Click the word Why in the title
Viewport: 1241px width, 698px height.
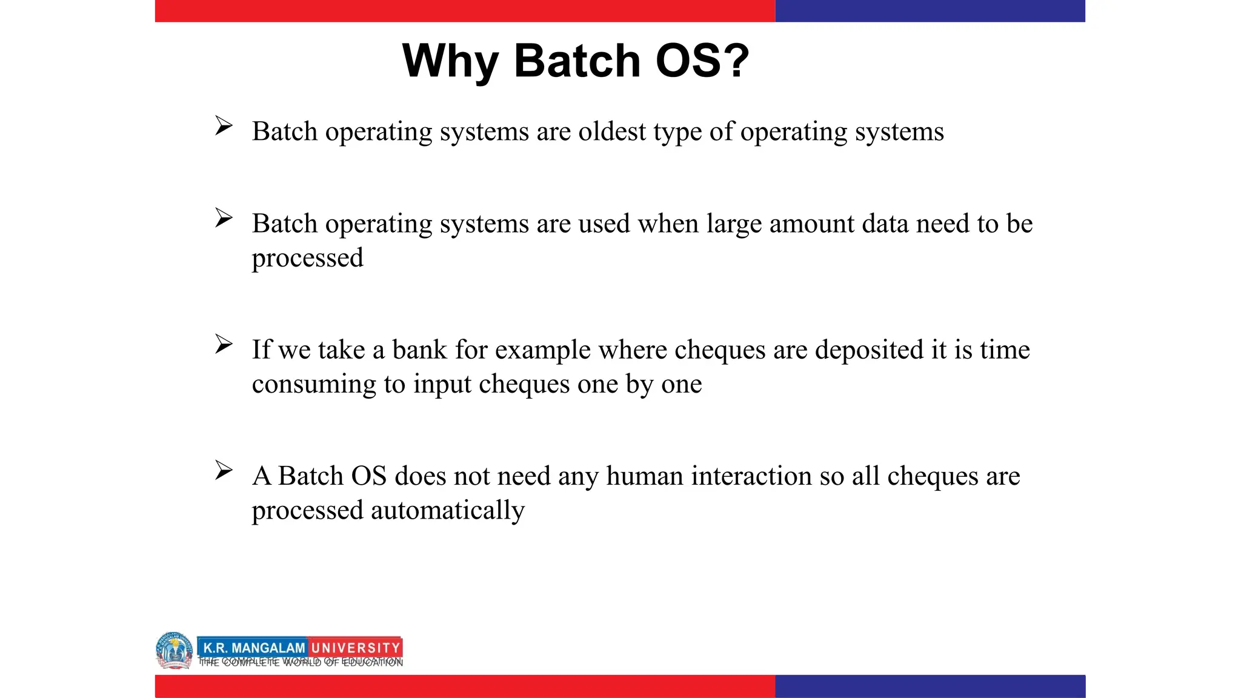point(450,62)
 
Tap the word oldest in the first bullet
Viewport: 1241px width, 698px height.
point(612,131)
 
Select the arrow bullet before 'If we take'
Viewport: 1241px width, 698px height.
point(224,344)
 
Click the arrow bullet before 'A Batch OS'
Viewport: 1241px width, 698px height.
point(224,470)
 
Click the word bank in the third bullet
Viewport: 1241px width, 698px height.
point(419,350)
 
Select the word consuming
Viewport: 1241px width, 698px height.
point(314,384)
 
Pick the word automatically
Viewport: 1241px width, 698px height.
point(448,510)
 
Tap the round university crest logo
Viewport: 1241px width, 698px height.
point(174,651)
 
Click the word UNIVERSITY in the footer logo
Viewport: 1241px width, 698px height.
point(356,648)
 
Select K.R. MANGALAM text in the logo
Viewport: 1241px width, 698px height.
point(254,648)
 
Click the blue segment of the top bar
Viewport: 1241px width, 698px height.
point(930,11)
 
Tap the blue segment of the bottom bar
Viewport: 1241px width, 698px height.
point(930,686)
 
